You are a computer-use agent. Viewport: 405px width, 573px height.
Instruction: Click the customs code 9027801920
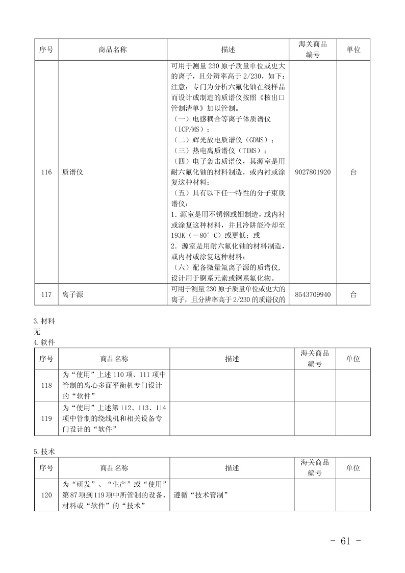click(313, 172)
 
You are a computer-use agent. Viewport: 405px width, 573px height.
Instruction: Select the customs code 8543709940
click(313, 295)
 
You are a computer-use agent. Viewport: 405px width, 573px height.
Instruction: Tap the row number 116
click(46, 172)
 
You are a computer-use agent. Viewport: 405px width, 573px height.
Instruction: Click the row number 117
click(46, 295)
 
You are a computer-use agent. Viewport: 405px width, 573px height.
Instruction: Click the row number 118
click(46, 385)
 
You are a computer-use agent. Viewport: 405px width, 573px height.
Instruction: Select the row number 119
click(46, 418)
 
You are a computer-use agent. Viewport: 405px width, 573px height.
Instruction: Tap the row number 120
click(46, 495)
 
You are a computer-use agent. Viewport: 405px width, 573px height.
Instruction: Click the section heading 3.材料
click(44, 321)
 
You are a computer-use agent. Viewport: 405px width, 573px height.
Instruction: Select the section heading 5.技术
click(44, 452)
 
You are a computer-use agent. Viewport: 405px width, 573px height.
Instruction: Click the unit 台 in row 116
click(353, 172)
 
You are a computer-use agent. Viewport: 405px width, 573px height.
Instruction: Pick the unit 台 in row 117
click(353, 295)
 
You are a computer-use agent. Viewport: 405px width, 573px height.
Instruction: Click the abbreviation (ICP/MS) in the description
click(187, 130)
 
